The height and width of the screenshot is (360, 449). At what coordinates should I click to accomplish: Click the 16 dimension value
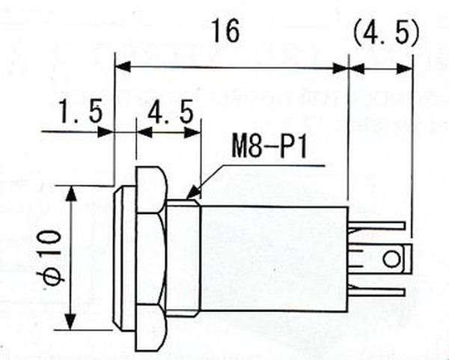click(x=225, y=31)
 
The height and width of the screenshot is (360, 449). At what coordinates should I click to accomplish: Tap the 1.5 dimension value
click(x=80, y=111)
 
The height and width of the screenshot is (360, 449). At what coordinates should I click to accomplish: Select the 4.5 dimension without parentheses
click(x=171, y=112)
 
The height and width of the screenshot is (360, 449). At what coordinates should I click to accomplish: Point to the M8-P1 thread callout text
click(x=269, y=147)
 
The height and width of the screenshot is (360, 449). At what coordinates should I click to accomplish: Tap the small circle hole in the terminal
click(x=391, y=259)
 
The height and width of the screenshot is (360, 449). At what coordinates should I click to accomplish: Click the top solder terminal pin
click(x=377, y=226)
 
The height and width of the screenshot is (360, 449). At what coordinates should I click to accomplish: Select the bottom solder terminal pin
click(x=377, y=292)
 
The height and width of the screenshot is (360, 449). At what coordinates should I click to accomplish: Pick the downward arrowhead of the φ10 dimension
click(x=70, y=322)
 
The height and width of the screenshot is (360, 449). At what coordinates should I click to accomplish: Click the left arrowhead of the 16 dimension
click(x=123, y=67)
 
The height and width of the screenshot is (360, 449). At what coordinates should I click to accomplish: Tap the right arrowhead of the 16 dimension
click(x=340, y=68)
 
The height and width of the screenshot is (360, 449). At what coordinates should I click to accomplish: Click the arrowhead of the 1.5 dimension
click(x=106, y=132)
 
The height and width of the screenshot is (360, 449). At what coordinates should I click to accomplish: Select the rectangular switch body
click(x=275, y=259)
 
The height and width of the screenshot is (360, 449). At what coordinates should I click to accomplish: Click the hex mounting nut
click(x=151, y=259)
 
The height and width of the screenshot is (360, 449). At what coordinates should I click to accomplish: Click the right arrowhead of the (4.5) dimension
click(x=404, y=69)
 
